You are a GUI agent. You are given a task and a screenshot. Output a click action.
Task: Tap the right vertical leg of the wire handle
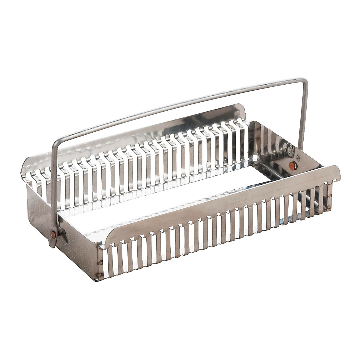point(301,120)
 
